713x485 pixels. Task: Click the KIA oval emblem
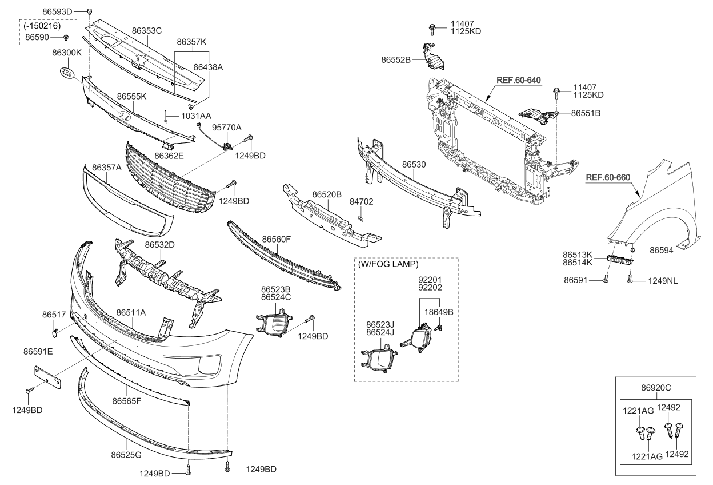click(67, 74)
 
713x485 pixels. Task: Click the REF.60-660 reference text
click(608, 177)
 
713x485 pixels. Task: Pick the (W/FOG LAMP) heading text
click(388, 265)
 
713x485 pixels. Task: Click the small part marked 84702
click(361, 217)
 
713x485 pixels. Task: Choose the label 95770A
click(226, 127)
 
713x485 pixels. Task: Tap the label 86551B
click(586, 113)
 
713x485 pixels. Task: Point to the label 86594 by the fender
click(662, 250)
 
